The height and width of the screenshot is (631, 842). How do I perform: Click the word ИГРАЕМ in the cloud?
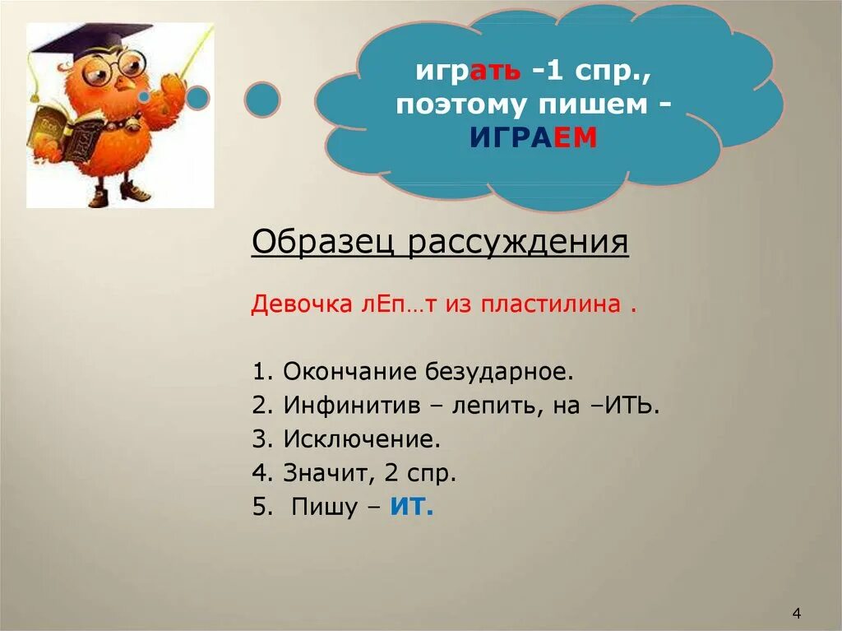tap(533, 137)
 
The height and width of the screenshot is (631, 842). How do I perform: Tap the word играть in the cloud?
tap(467, 72)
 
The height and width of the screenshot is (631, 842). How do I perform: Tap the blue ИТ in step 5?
tap(411, 507)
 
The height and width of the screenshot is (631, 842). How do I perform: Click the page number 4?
tap(796, 613)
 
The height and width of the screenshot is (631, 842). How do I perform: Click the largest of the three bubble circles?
tap(262, 100)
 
